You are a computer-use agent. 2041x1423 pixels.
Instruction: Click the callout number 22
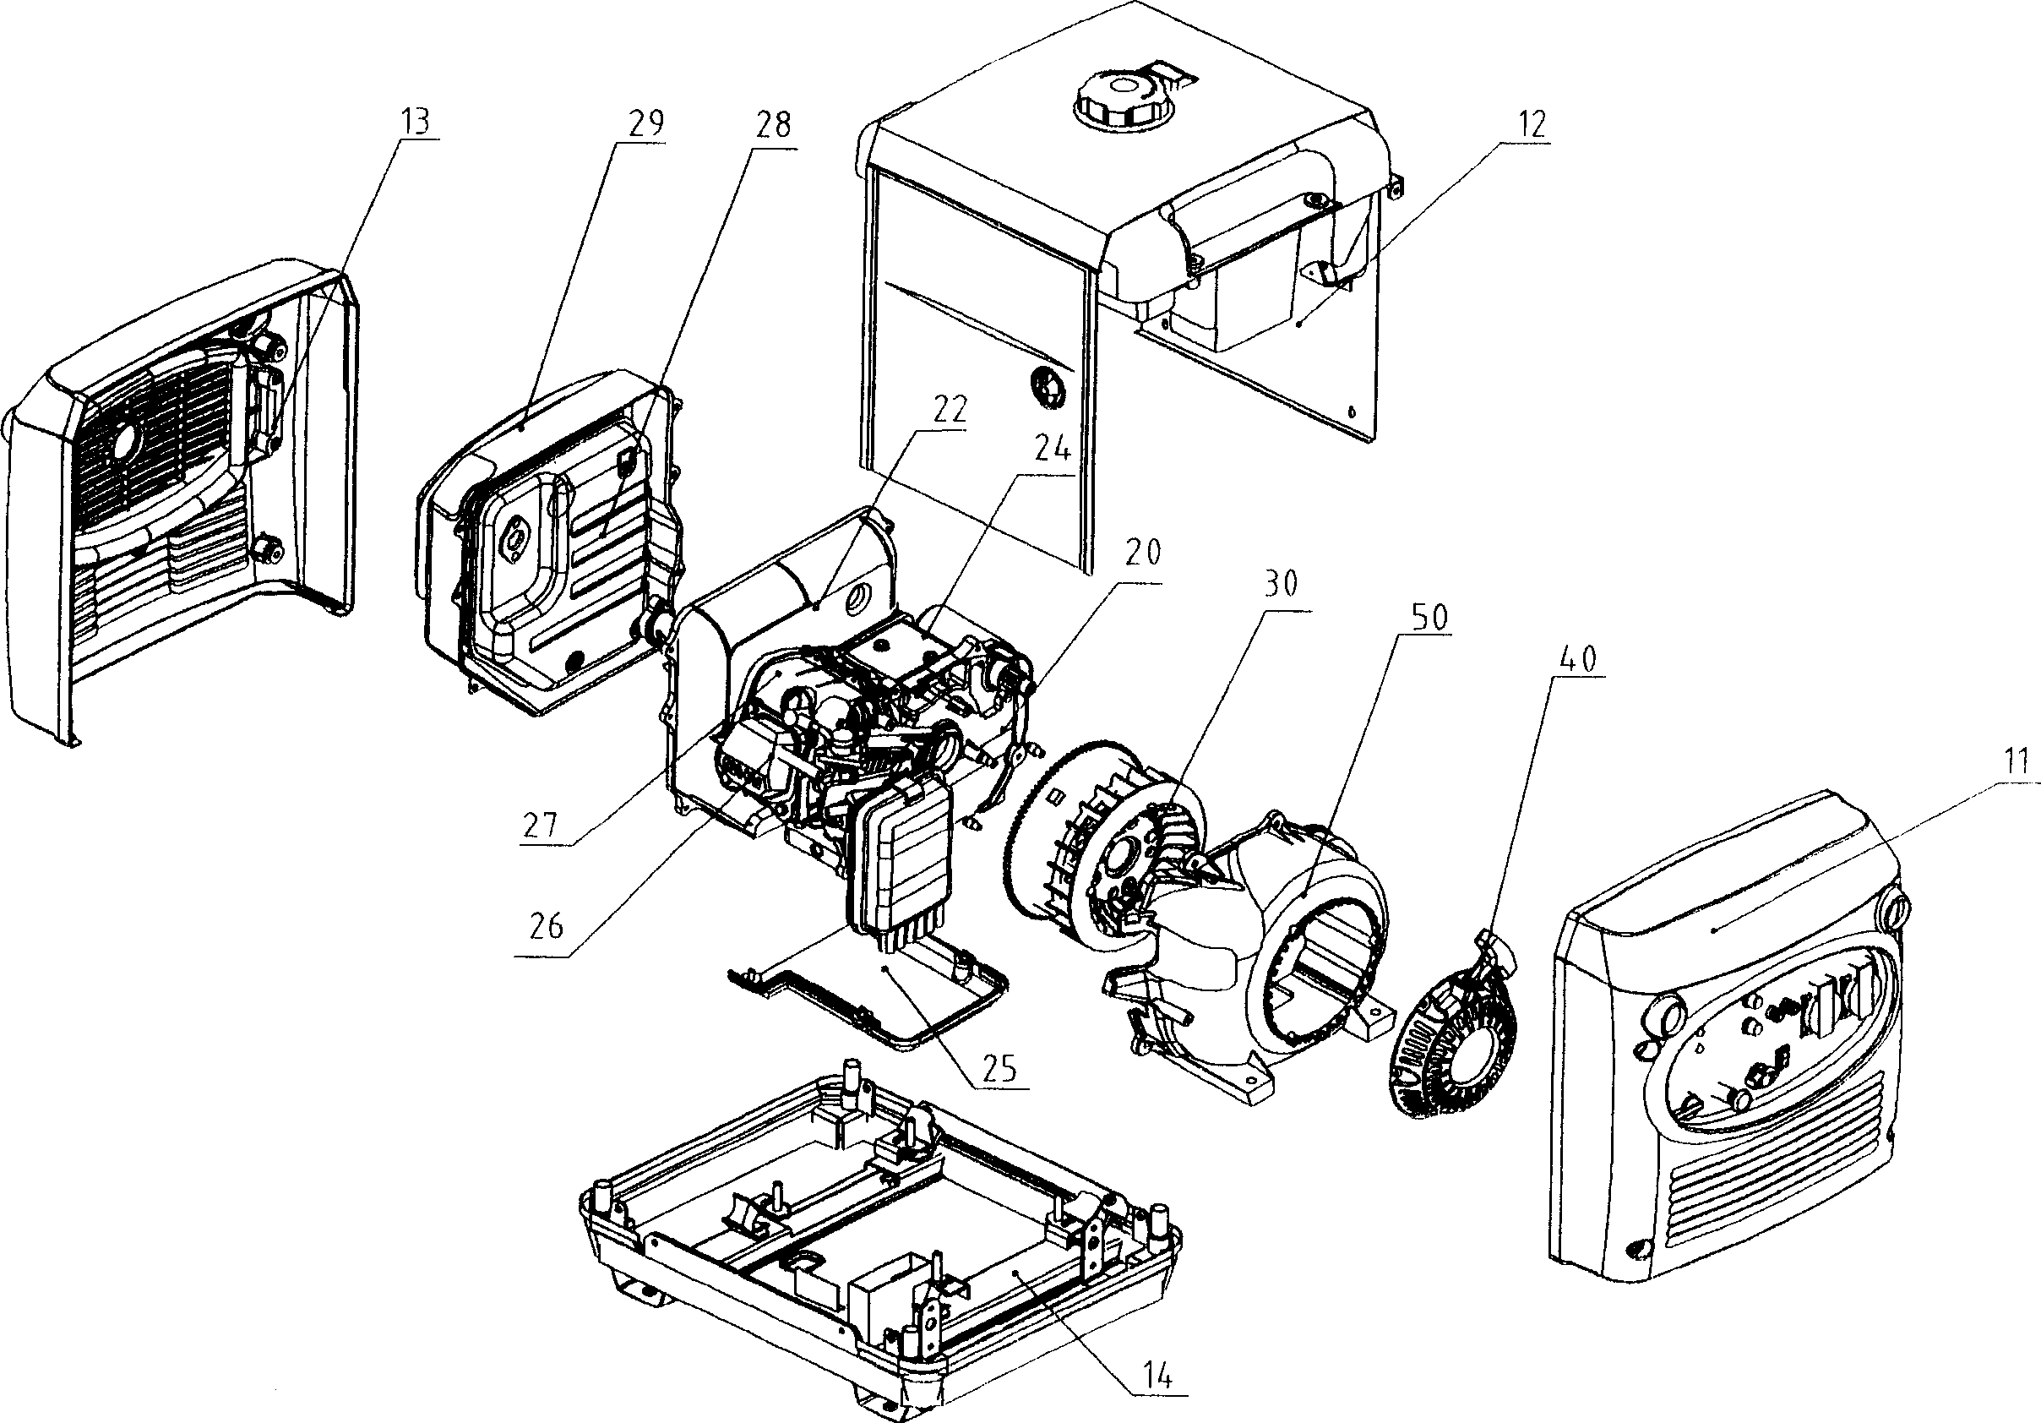tap(948, 410)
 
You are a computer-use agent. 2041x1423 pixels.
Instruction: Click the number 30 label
tap(1279, 583)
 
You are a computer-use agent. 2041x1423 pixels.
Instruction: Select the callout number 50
tap(1429, 617)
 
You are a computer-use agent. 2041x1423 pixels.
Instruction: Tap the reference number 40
tap(1577, 659)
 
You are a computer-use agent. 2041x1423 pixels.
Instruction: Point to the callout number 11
tap(2018, 761)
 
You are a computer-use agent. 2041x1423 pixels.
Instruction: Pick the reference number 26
tap(544, 926)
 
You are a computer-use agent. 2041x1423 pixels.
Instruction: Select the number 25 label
tap(999, 1068)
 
